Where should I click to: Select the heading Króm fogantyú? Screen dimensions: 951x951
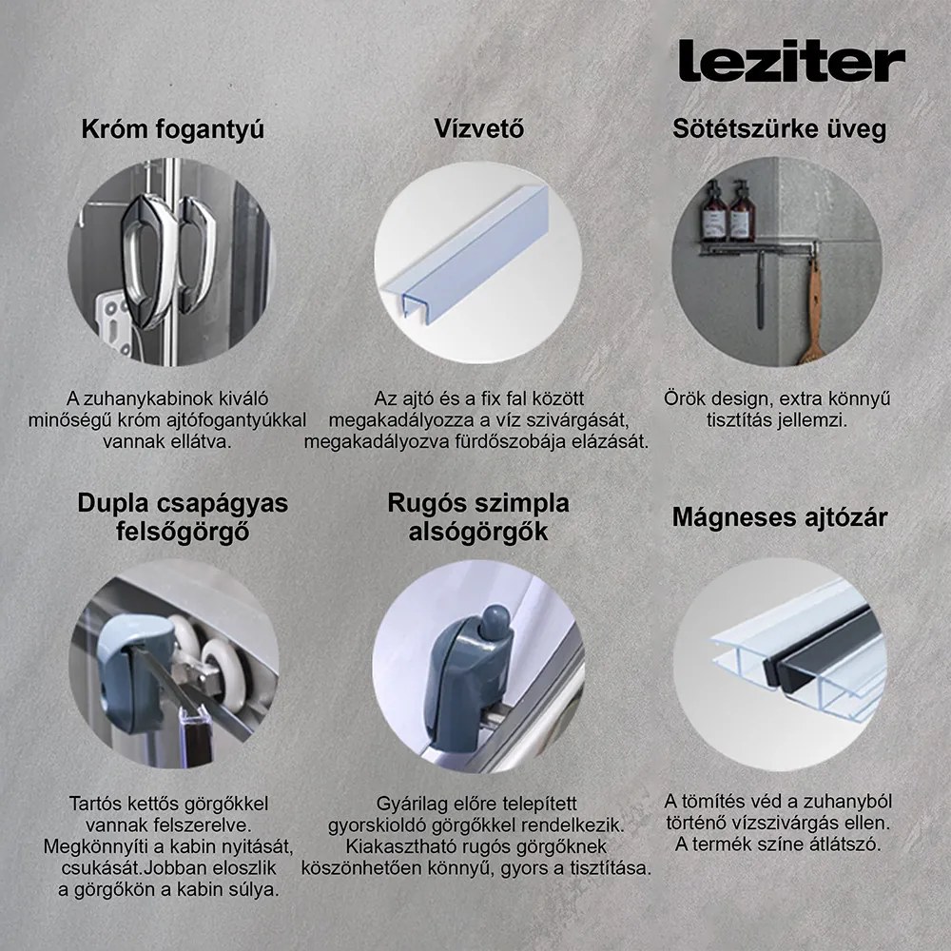(172, 129)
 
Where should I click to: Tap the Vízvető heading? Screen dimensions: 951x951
(478, 129)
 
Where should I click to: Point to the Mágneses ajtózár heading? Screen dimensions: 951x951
(780, 517)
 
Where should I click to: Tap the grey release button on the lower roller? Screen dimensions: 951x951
(492, 626)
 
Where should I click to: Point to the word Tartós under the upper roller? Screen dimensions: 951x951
(96, 803)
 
